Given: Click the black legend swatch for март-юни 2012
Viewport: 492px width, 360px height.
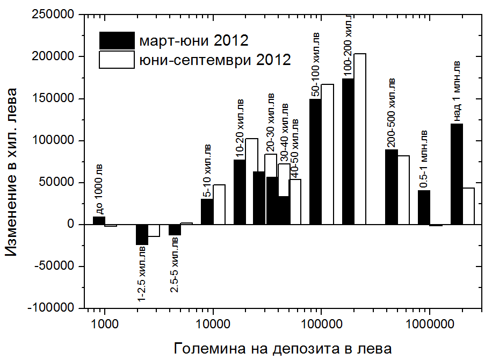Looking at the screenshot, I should pyautogui.click(x=117, y=40).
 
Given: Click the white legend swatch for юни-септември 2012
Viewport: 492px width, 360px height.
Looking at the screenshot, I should pyautogui.click(x=117, y=59).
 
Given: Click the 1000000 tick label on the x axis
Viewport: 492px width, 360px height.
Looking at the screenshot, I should pyautogui.click(x=429, y=325).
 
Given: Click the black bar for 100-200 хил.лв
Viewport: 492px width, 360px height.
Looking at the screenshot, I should pyautogui.click(x=348, y=151).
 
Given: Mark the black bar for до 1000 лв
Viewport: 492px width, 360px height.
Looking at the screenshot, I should pyautogui.click(x=99, y=220).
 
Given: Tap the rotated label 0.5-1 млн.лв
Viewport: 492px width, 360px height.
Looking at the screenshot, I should pyautogui.click(x=424, y=159).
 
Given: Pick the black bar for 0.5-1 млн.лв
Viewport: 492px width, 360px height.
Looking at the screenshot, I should pyautogui.click(x=424, y=207).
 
